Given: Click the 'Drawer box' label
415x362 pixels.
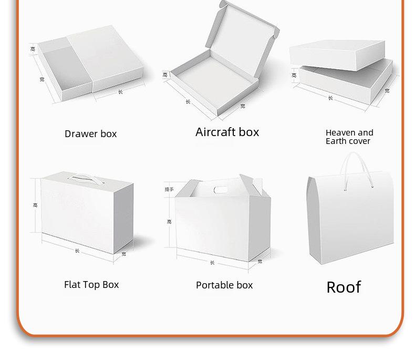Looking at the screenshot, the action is click(x=90, y=134).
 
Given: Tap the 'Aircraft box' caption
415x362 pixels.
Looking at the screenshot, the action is click(x=227, y=132).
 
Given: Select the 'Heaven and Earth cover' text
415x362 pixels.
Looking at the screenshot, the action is click(x=349, y=137).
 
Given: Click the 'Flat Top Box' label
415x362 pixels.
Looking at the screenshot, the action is click(x=91, y=285).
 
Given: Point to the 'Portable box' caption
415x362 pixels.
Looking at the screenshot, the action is click(x=224, y=285).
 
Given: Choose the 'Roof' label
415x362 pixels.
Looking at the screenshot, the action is click(x=344, y=287).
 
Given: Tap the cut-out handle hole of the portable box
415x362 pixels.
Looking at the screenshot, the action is click(x=221, y=189).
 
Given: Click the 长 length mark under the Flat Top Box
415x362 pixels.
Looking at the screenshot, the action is click(x=77, y=251).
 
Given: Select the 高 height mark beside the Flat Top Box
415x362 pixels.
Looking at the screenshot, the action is click(x=35, y=205).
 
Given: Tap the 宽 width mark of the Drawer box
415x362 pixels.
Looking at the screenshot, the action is click(x=41, y=79).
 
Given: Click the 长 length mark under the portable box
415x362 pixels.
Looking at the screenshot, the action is click(x=212, y=263).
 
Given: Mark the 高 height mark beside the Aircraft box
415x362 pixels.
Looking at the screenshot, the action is click(x=165, y=75).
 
